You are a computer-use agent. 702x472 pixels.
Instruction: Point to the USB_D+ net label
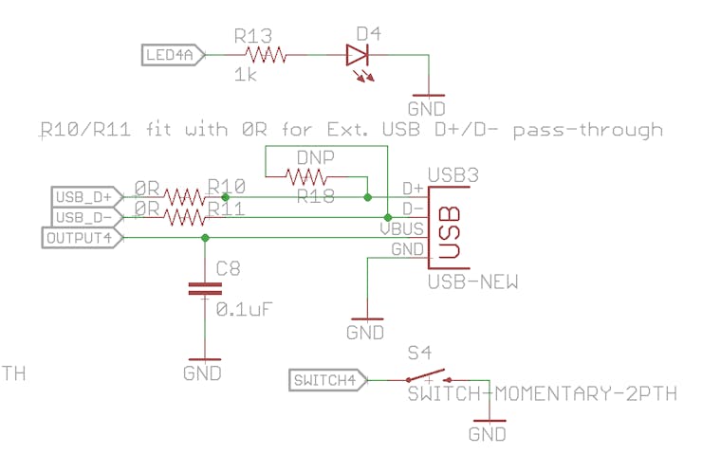click(84, 197)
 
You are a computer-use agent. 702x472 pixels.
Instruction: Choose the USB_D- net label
click(84, 217)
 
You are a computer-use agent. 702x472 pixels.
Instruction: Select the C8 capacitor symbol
click(202, 289)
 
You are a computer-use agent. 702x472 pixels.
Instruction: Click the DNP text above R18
click(314, 156)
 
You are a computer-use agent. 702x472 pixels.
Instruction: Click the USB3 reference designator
click(453, 175)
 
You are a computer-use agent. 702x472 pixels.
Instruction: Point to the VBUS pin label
click(401, 228)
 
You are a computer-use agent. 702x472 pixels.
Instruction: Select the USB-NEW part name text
click(471, 281)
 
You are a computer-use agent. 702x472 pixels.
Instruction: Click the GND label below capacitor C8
click(202, 372)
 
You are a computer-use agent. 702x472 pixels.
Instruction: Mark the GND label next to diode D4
click(426, 109)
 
